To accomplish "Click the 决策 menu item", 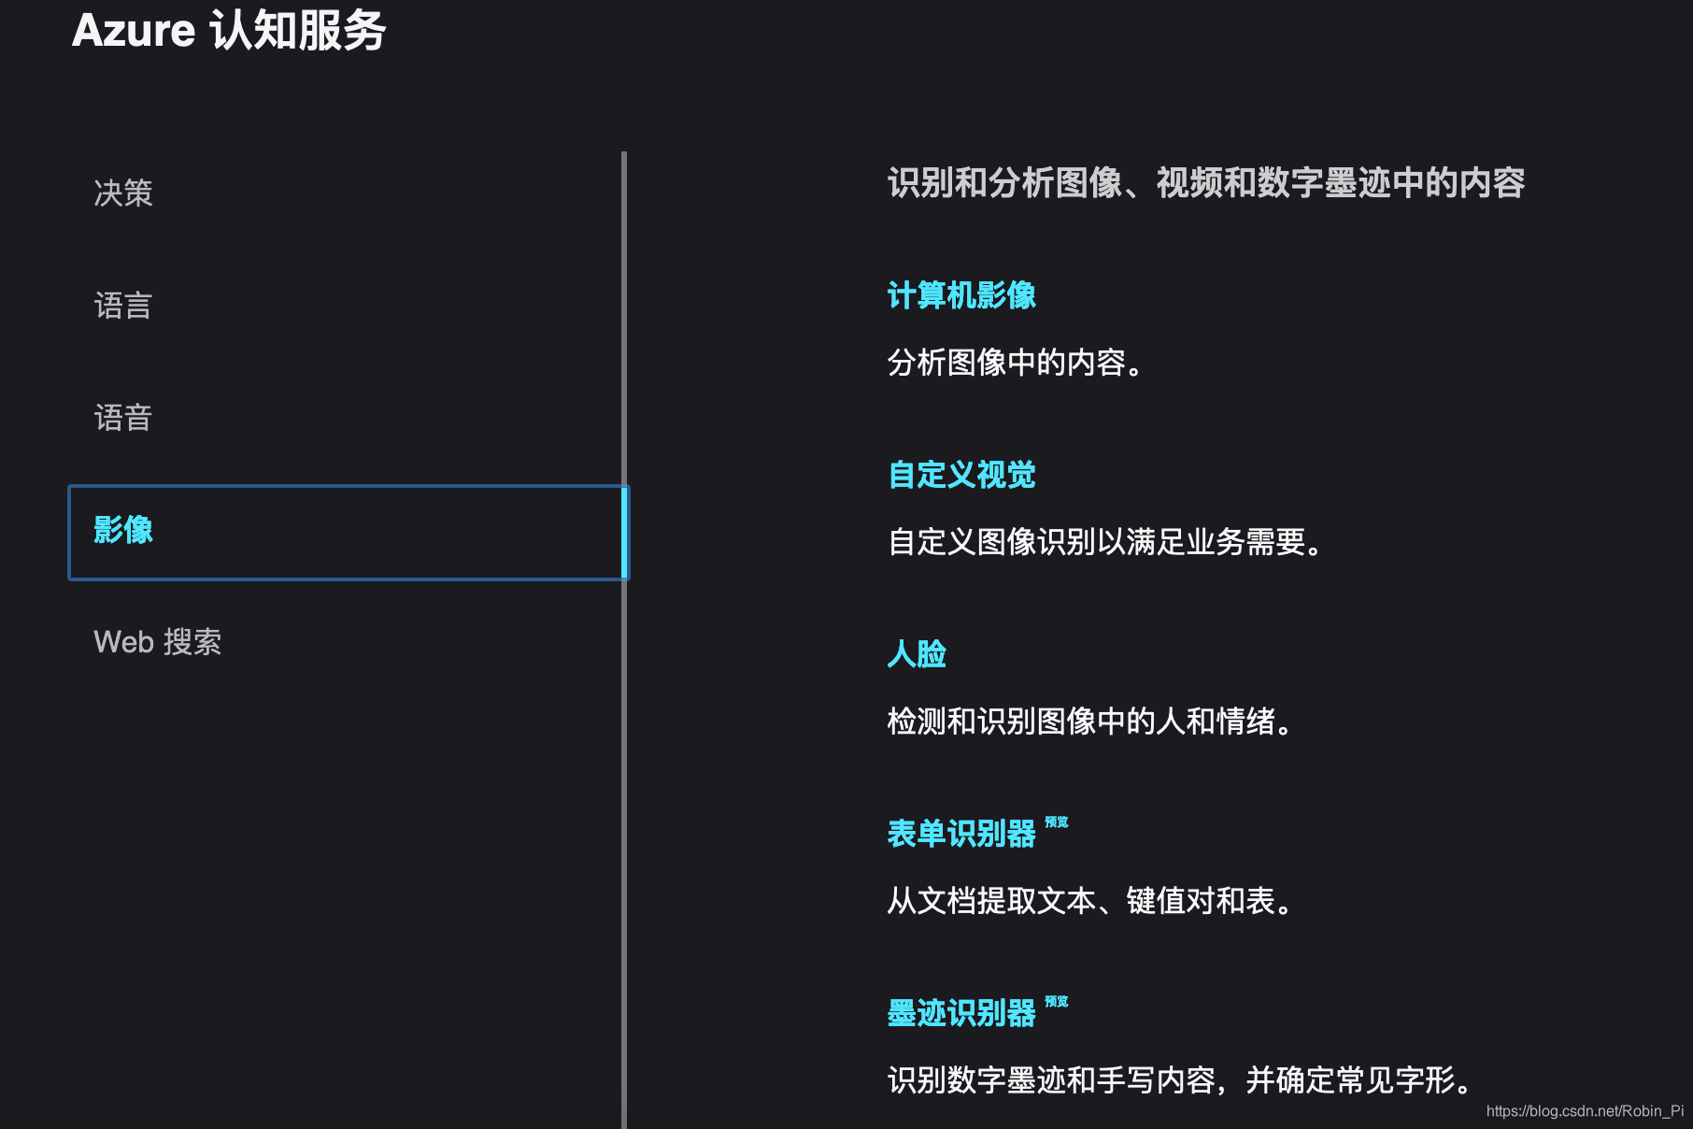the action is click(123, 193).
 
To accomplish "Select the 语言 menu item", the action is click(123, 306).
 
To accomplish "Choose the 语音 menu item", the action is click(123, 418).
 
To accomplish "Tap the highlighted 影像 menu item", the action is click(123, 530).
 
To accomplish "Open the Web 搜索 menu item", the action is click(158, 642).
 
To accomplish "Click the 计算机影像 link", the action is click(961, 295).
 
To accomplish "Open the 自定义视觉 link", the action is click(961, 475).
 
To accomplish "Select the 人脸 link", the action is click(917, 654).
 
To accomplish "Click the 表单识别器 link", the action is click(961, 834).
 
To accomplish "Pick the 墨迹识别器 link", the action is click(961, 1013).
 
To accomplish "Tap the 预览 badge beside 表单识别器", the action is click(1057, 822).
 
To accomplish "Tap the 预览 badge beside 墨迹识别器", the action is click(1057, 1002).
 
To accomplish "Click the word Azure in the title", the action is click(134, 30).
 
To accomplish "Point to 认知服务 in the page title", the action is click(298, 30).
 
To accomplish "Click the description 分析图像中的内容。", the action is click(1016, 363).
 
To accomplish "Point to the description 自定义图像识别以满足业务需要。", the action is click(1105, 542).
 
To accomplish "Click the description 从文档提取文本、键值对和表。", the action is click(1090, 901).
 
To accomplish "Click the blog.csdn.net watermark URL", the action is click(1585, 1111).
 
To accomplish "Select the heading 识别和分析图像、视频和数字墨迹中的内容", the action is click(1206, 183).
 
